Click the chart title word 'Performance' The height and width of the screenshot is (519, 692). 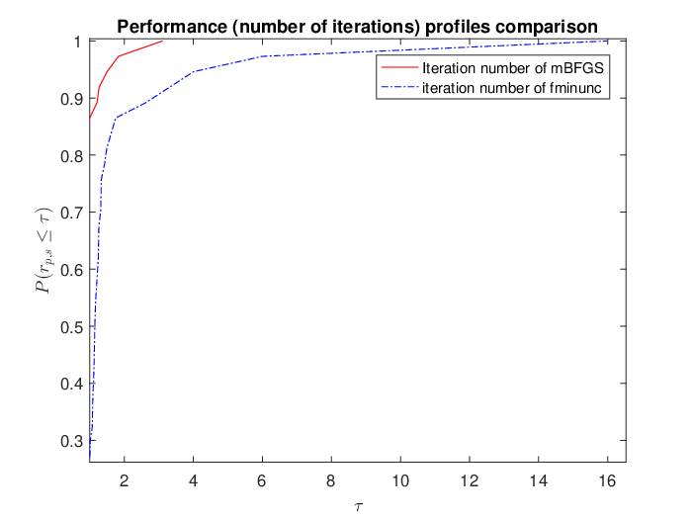[x=172, y=27]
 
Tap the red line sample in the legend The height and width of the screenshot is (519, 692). [x=399, y=67]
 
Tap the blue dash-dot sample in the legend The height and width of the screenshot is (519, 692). [x=399, y=87]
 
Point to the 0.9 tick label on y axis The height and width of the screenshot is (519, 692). [x=71, y=99]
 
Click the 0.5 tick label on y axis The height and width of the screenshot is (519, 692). [x=71, y=326]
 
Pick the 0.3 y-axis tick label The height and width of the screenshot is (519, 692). [x=71, y=441]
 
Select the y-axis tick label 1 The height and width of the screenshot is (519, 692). [x=78, y=42]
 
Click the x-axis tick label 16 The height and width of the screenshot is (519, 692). [x=607, y=480]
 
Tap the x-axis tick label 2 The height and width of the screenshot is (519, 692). [x=124, y=480]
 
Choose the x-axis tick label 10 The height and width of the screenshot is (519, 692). [x=400, y=480]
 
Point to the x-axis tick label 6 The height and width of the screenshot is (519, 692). [x=262, y=480]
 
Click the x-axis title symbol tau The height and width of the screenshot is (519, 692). [x=358, y=507]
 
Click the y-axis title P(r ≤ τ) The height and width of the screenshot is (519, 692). [x=44, y=250]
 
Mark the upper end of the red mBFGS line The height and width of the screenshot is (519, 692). [x=162, y=42]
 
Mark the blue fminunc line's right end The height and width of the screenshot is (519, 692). [x=608, y=42]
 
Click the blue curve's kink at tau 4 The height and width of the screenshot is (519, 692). [x=194, y=71]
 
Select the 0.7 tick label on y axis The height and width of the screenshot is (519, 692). [x=71, y=213]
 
